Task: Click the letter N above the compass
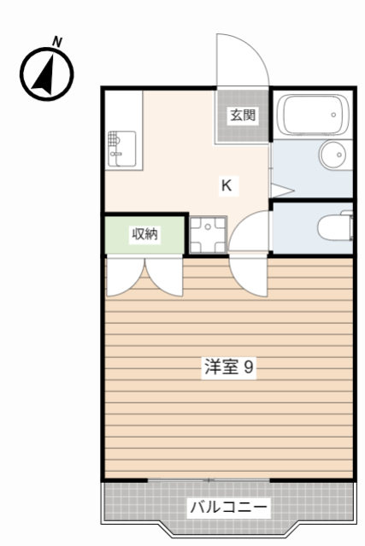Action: (57, 40)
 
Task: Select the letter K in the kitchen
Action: (227, 184)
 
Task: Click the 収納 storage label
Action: (144, 235)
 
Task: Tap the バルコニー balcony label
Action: (228, 508)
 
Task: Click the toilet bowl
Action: (329, 228)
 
